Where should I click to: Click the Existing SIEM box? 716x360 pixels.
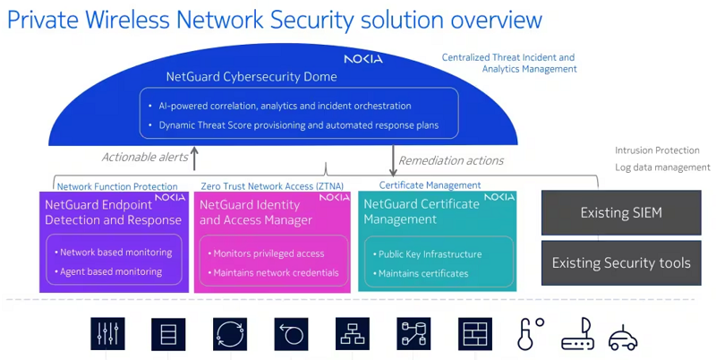click(x=620, y=214)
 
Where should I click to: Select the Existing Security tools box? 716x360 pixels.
click(x=620, y=262)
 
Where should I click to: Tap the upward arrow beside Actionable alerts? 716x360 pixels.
click(x=194, y=159)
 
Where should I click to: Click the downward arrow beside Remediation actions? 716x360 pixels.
click(x=393, y=159)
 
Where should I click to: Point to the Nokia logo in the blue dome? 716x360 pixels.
click(x=362, y=59)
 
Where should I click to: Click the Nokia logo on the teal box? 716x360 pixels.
click(x=499, y=196)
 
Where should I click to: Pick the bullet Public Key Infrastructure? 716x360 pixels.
click(x=430, y=254)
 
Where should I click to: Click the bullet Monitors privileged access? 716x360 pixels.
click(x=268, y=253)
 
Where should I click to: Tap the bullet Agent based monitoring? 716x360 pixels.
click(x=110, y=271)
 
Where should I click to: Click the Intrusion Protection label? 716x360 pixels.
click(x=657, y=150)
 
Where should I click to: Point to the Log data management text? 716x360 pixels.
click(x=662, y=167)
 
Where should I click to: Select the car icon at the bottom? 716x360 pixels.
click(x=623, y=338)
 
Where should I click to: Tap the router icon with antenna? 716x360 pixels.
click(x=577, y=335)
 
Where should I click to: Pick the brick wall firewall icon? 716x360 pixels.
click(x=475, y=334)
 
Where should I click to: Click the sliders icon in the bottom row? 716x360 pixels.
click(x=107, y=334)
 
